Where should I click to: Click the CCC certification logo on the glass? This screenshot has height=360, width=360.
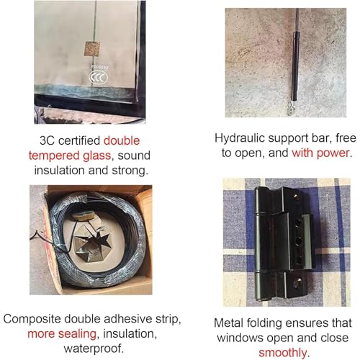(99, 77)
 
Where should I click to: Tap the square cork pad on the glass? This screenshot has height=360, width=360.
(92, 49)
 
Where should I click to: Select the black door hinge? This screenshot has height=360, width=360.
(285, 243)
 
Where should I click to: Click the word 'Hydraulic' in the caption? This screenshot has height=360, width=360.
(239, 138)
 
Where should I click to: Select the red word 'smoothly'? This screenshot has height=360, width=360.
(282, 353)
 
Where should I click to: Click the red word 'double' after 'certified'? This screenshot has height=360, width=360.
(122, 140)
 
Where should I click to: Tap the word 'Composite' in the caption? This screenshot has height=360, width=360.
(32, 319)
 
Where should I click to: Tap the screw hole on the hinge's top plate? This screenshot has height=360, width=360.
(296, 197)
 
